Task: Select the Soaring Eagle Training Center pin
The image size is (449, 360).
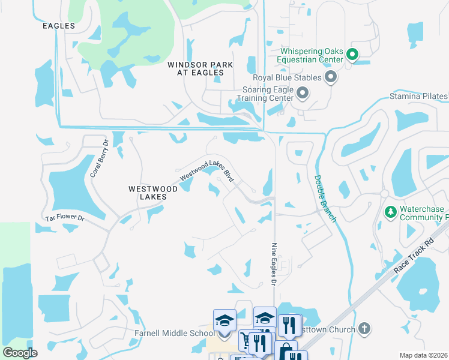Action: [x=303, y=93]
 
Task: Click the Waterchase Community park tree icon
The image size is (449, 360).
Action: [x=390, y=212]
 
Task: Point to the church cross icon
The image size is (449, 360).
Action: [x=364, y=328]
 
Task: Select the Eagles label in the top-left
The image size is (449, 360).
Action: [x=59, y=26]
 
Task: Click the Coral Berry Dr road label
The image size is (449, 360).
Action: [x=98, y=158]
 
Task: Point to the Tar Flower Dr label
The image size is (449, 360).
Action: [x=65, y=218]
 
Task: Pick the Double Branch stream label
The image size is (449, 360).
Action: [x=325, y=198]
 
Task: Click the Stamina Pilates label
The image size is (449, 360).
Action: [x=418, y=96]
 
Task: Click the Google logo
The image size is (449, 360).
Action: [x=20, y=353]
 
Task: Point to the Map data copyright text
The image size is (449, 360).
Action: [x=423, y=355]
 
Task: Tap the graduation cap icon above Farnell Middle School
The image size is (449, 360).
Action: [x=224, y=320]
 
